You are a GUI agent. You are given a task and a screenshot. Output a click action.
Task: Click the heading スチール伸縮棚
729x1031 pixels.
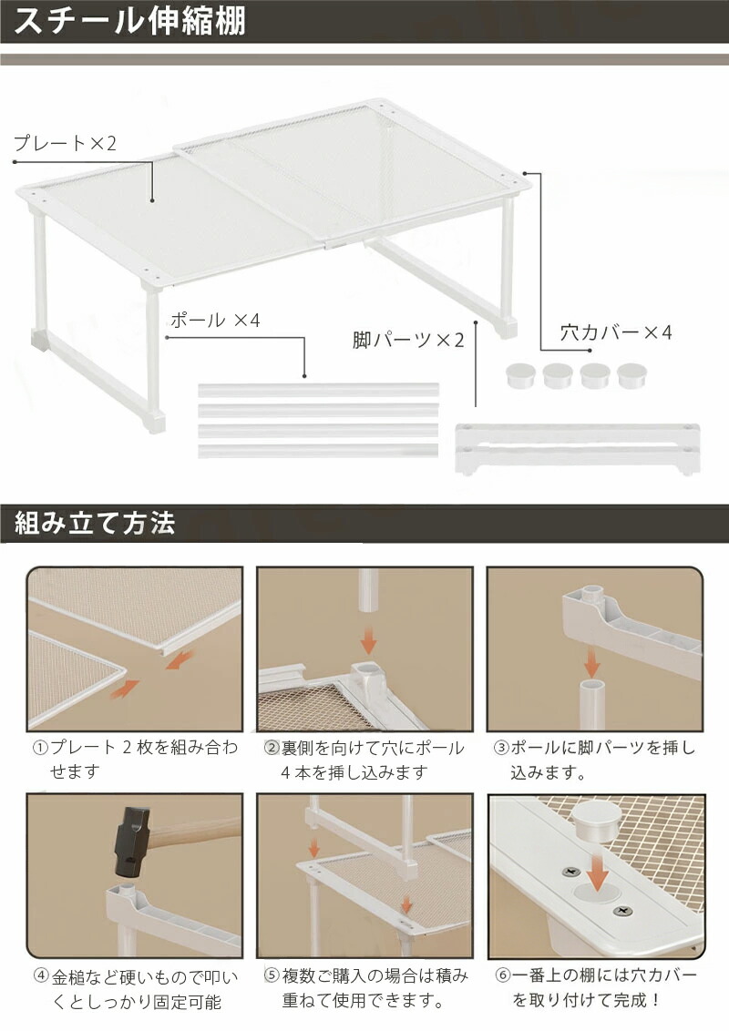129,20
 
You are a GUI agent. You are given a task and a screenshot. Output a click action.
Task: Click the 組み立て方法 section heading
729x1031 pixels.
95,524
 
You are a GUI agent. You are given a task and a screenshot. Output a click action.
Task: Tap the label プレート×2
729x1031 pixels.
65,143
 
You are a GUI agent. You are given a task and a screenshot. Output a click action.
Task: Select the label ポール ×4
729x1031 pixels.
215,321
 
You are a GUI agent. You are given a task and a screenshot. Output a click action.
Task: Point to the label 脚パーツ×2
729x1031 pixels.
408,340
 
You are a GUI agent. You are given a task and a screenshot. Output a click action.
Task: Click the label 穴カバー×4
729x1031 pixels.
616,332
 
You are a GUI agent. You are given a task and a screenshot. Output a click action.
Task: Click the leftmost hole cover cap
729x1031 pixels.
520,375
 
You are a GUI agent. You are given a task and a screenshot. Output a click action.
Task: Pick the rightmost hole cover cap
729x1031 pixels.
631,375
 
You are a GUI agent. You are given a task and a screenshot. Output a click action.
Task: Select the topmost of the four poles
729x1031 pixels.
318,389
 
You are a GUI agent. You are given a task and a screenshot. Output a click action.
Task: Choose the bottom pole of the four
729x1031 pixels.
318,451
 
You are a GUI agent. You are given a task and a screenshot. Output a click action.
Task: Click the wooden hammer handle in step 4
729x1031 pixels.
198,830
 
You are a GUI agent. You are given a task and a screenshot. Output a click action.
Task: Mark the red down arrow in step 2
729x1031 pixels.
368,639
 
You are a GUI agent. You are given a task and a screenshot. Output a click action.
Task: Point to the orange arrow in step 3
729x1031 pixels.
593,661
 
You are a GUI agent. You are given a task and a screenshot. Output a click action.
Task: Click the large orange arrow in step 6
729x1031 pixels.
598,872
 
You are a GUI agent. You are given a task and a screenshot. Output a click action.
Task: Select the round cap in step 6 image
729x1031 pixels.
595,824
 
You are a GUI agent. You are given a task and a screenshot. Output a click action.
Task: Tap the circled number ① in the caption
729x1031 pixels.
40,748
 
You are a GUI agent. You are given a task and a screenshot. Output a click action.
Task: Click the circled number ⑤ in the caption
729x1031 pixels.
272,975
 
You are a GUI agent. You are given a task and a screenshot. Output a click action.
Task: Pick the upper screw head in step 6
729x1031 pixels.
570,873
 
